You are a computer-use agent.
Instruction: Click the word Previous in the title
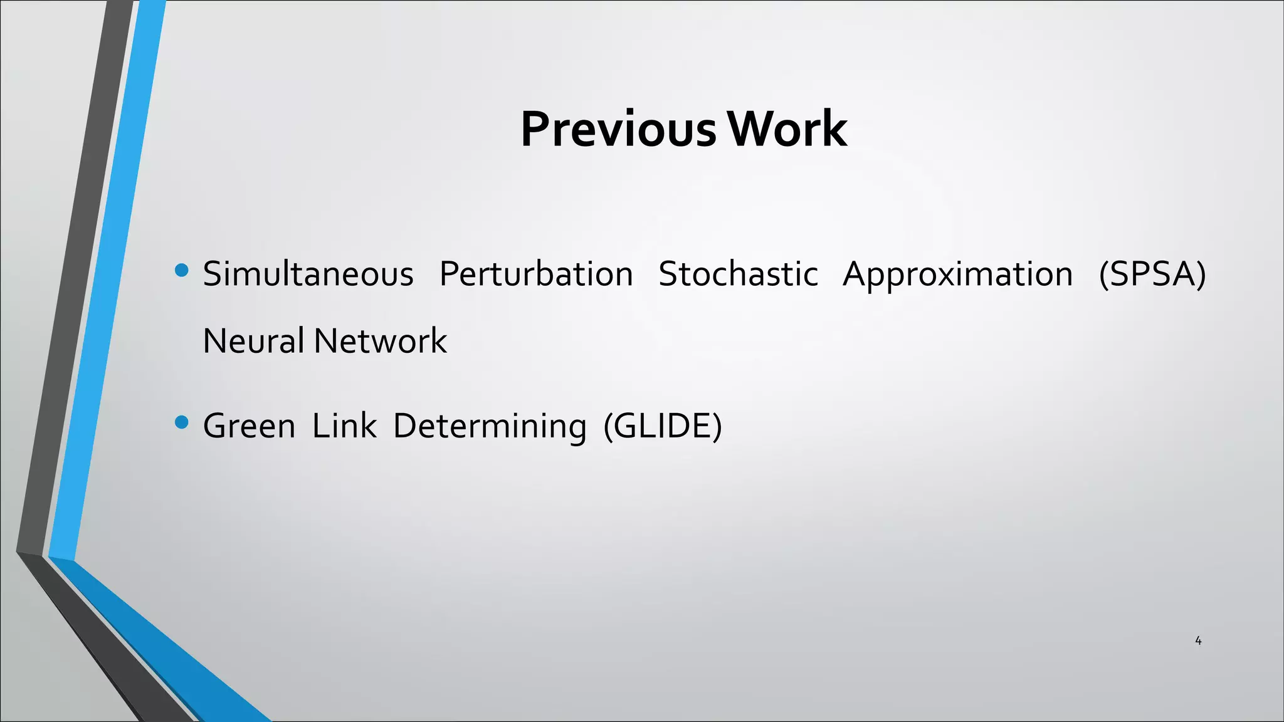pos(618,129)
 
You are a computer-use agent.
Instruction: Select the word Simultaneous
pos(308,275)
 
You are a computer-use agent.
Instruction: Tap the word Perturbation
pos(536,275)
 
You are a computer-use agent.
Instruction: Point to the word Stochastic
pos(738,275)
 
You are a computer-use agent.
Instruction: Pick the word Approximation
pos(957,275)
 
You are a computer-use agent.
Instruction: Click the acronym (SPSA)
pos(1152,275)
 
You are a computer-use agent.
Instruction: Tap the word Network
pos(380,341)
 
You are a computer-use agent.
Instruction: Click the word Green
pos(249,426)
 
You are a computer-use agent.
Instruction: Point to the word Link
pos(344,426)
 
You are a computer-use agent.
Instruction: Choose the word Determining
pos(490,426)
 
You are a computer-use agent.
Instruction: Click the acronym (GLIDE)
pos(663,426)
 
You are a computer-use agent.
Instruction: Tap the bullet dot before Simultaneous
pos(182,271)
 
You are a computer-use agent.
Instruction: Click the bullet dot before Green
pos(182,422)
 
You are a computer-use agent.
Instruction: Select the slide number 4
pos(1198,641)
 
